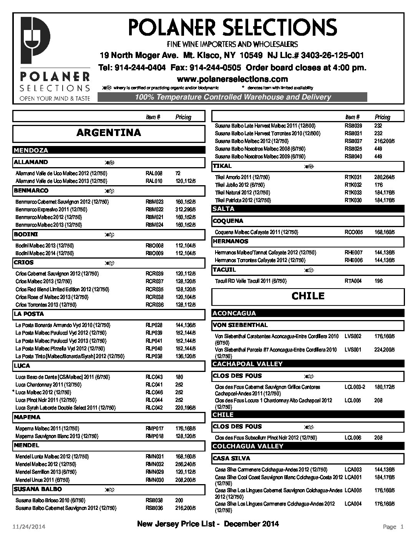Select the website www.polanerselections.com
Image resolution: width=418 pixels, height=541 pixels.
232,79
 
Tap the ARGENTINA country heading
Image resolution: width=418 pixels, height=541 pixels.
109,133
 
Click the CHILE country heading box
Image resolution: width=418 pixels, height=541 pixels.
308,296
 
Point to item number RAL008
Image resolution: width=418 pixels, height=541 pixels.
154,174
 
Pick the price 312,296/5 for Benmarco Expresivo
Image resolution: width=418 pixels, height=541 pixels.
186,210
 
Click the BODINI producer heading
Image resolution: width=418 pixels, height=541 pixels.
26,234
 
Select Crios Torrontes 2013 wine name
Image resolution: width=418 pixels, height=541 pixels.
46,305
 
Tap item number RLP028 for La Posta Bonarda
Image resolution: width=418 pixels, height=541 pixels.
154,325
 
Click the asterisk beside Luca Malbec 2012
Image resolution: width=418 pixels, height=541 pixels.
14,392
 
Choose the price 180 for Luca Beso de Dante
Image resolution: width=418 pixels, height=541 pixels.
179,377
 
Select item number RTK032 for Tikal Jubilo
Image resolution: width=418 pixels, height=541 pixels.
353,185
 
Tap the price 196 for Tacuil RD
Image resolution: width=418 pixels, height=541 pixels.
378,281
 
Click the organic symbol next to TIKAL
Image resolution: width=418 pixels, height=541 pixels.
309,166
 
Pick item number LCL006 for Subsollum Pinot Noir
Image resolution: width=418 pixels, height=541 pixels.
353,438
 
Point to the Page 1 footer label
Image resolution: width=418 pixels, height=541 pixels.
393,527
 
